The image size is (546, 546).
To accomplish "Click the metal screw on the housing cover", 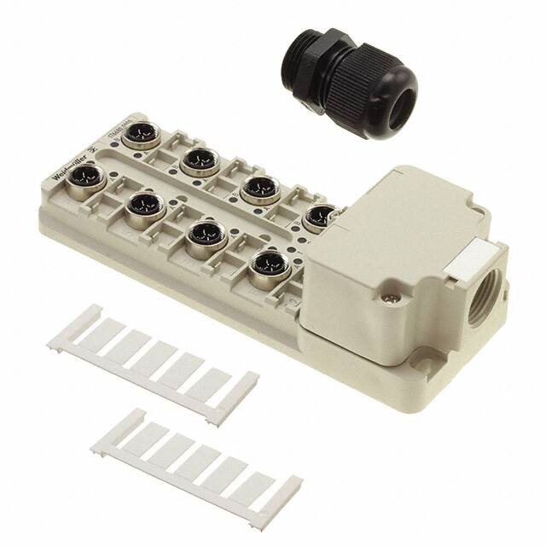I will (x=393, y=299).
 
